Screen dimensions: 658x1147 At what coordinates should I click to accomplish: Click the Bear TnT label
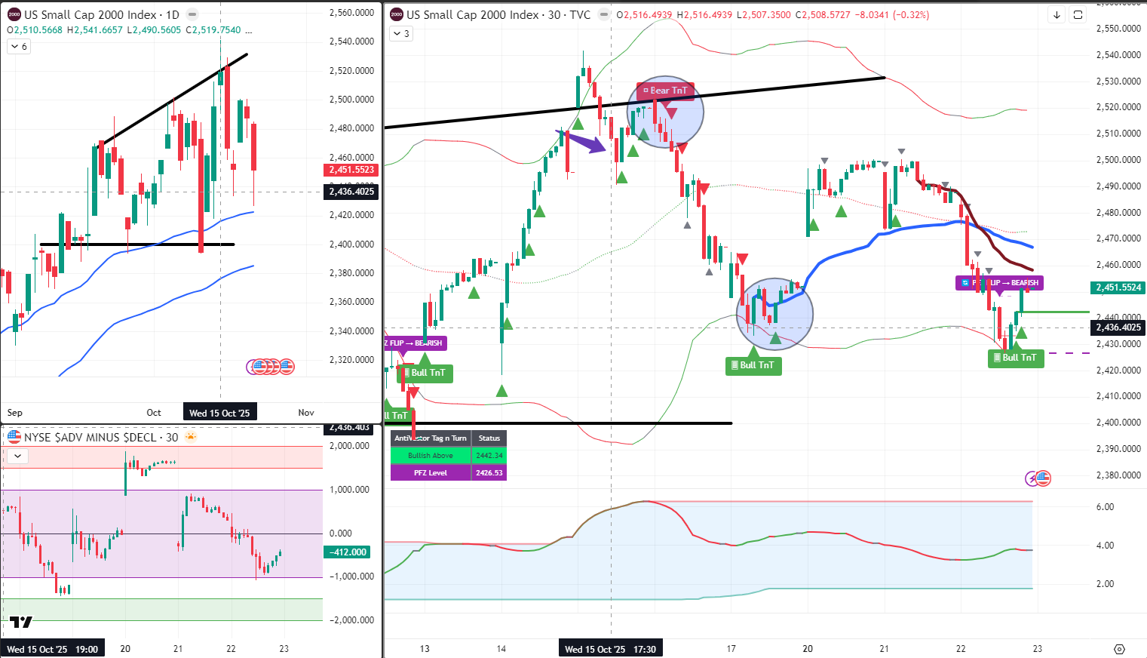[x=665, y=91]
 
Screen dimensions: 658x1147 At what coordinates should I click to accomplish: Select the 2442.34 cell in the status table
[x=489, y=456]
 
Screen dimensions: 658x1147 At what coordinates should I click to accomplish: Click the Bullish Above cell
[x=431, y=456]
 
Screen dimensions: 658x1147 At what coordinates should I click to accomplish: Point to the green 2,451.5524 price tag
[x=1118, y=287]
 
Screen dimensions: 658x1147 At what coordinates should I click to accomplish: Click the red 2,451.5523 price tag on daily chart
[x=351, y=170]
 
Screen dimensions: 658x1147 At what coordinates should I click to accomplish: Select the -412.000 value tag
[x=348, y=552]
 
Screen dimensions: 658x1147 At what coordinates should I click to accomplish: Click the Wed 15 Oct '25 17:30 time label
[x=610, y=649]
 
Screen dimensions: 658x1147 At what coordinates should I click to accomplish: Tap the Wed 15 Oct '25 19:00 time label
[x=53, y=649]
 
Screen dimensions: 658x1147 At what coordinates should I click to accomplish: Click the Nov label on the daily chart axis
[x=306, y=413]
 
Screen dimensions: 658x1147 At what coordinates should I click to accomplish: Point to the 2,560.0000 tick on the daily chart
[x=351, y=13]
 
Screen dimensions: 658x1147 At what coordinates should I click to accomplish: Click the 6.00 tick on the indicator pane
[x=1105, y=507]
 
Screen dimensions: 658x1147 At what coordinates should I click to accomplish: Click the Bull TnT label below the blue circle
[x=753, y=365]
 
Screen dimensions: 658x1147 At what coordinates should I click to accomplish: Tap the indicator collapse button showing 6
[x=18, y=47]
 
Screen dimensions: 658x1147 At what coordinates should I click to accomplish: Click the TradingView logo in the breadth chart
[x=21, y=622]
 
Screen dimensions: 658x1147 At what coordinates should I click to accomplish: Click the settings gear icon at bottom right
[x=1119, y=649]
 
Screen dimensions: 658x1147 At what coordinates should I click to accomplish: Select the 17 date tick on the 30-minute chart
[x=731, y=649]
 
